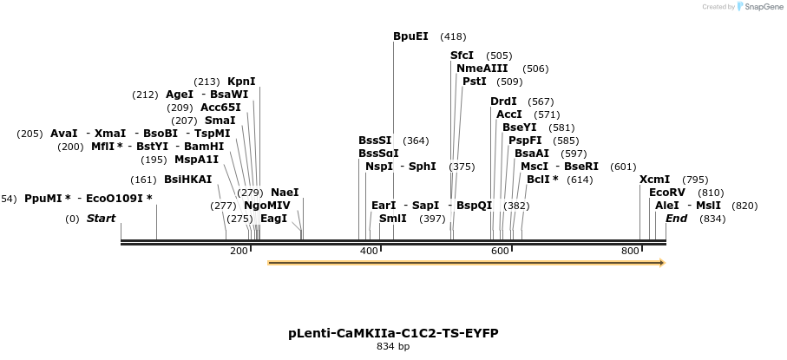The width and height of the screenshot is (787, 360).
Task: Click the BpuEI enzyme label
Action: [x=410, y=36]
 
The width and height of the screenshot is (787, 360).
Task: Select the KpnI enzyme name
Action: [x=241, y=82]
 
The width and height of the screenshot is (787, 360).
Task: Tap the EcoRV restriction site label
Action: [x=667, y=193]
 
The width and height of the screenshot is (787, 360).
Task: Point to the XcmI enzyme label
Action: [x=655, y=180]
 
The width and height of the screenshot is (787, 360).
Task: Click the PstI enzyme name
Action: [x=475, y=82]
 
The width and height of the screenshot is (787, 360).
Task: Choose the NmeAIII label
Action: [x=482, y=69]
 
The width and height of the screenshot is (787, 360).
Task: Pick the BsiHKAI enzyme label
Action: [x=187, y=180]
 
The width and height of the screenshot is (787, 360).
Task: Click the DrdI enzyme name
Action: [x=503, y=101]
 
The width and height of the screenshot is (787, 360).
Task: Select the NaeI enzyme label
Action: [x=285, y=193]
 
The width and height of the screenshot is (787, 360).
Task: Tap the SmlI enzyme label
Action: [x=392, y=219]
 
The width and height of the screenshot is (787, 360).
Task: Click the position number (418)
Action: [x=453, y=36]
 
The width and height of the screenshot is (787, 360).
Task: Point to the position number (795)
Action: [x=695, y=180]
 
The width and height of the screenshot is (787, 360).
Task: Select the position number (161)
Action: [x=143, y=180]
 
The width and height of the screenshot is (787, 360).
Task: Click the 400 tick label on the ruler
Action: [x=369, y=252]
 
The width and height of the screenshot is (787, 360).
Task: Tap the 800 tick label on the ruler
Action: [x=630, y=252]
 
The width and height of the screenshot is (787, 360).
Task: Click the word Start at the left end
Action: [x=101, y=219]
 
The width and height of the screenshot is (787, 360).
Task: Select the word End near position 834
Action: [x=676, y=219]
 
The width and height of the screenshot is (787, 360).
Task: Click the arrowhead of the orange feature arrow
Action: [x=662, y=263]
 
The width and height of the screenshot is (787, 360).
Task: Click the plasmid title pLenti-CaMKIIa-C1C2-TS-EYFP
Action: [x=393, y=333]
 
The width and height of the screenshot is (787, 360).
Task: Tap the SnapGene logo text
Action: [x=761, y=7]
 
